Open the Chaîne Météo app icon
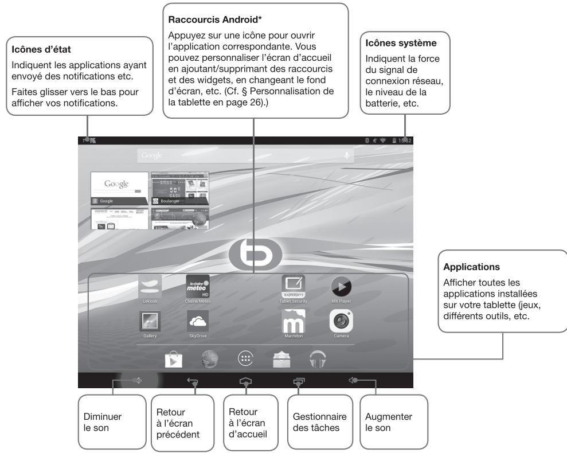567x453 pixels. coord(198,286)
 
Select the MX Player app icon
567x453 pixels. coord(341,286)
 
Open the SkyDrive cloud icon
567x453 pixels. coord(198,322)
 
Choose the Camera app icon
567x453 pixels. coord(341,322)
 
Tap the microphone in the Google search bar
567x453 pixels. coord(346,156)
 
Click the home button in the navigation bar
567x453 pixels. coord(245,380)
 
